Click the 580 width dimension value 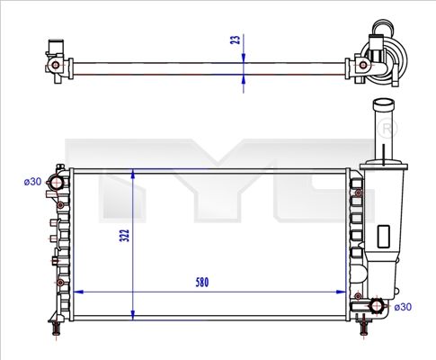202,283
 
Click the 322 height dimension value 124,236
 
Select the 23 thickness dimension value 236,40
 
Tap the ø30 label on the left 32,182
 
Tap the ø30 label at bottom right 403,307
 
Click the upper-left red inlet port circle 57,183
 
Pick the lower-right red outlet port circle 376,306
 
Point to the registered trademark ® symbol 387,129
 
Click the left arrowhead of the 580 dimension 78,292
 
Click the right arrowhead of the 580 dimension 342,292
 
